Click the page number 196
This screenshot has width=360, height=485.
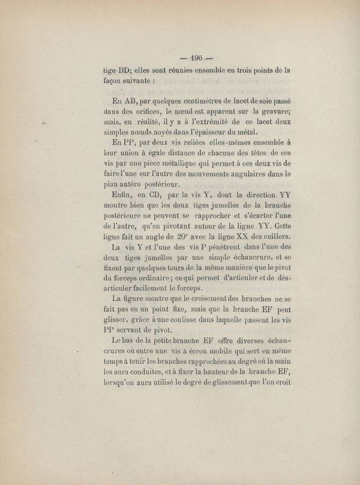pyautogui.click(x=197, y=58)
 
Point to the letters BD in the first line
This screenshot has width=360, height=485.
pyautogui.click(x=124, y=70)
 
